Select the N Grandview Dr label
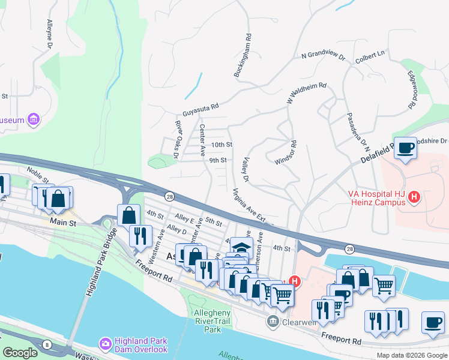324,56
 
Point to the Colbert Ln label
369,53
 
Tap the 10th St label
221,145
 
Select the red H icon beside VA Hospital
414,196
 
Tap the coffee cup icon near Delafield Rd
406,147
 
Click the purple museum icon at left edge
34,120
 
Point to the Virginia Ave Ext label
249,205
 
